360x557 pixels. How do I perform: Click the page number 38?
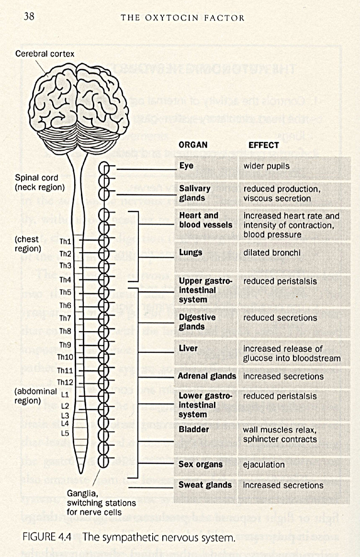pos(29,17)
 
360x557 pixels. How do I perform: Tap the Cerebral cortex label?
pos(45,54)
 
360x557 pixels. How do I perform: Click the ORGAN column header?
pos(193,145)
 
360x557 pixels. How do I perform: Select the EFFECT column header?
pos(263,145)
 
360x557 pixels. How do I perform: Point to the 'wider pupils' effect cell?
pos(267,166)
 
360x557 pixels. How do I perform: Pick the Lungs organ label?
pos(191,252)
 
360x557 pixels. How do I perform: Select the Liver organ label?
pos(188,348)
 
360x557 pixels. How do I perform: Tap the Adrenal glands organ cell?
pos(207,376)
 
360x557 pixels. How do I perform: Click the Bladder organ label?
pos(193,429)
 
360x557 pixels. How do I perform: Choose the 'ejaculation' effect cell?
pos(264,464)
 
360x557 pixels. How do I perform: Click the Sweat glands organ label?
pos(205,485)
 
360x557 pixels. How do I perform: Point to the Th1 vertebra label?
pos(66,242)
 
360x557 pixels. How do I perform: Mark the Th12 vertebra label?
pos(65,382)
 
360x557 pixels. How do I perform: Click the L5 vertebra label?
pos(65,433)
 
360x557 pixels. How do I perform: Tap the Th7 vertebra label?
pos(66,318)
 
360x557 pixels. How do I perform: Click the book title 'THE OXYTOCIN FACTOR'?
pos(182,18)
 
